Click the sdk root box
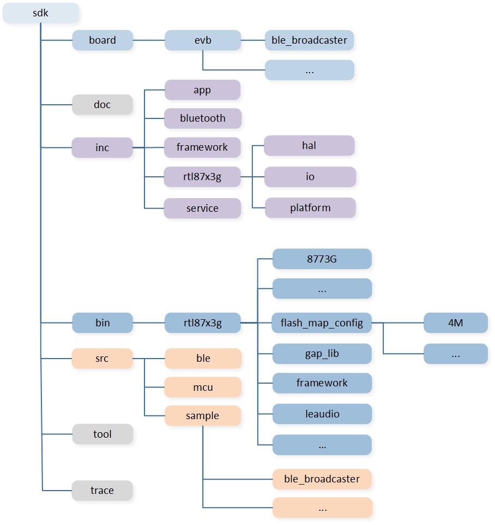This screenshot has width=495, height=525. (x=41, y=13)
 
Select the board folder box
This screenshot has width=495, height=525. (x=102, y=40)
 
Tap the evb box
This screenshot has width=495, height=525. (x=203, y=40)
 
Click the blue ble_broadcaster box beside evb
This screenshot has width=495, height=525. (x=310, y=40)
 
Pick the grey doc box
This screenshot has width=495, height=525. (x=102, y=104)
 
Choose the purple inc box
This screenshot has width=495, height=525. (x=102, y=147)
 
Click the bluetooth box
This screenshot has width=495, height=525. (x=203, y=118)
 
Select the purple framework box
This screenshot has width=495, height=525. (x=202, y=147)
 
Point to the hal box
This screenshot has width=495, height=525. (x=309, y=146)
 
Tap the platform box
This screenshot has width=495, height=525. (x=310, y=207)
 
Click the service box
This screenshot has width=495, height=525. (x=202, y=208)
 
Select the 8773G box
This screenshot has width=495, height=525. (x=322, y=259)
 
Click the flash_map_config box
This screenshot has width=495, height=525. (x=322, y=323)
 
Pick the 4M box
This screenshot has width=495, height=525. (x=456, y=323)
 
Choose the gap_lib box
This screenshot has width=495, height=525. (x=322, y=354)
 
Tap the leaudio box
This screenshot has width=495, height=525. (x=322, y=414)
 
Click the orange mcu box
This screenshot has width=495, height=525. (x=203, y=387)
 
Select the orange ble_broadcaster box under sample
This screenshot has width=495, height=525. (x=322, y=479)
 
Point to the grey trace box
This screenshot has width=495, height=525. (x=102, y=491)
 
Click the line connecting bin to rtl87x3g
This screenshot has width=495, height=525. (x=149, y=323)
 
